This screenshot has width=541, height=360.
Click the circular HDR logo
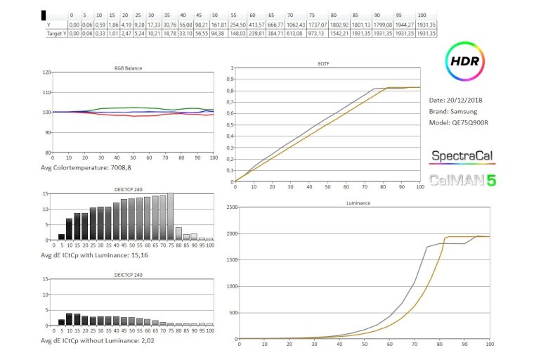464,61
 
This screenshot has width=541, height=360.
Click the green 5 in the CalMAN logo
492,180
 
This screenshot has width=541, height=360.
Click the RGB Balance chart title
129,68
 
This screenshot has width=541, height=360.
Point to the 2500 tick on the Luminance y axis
230,208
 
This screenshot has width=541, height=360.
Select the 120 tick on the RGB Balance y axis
46,72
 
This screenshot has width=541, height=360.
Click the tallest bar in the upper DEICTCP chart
170,217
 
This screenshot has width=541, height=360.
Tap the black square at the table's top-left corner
44,14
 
